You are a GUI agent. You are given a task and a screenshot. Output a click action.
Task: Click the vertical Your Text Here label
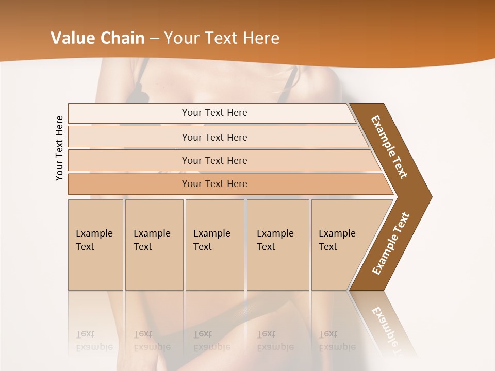click(x=59, y=148)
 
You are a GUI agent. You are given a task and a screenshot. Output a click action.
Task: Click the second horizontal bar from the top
click(x=214, y=137)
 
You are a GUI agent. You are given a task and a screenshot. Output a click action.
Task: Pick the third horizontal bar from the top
click(x=214, y=160)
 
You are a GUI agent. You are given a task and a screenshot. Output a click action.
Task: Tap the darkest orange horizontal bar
click(x=214, y=184)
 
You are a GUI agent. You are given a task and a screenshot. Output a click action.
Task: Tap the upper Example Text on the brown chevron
click(x=389, y=147)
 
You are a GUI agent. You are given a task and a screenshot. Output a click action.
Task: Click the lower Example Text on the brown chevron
click(x=391, y=244)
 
